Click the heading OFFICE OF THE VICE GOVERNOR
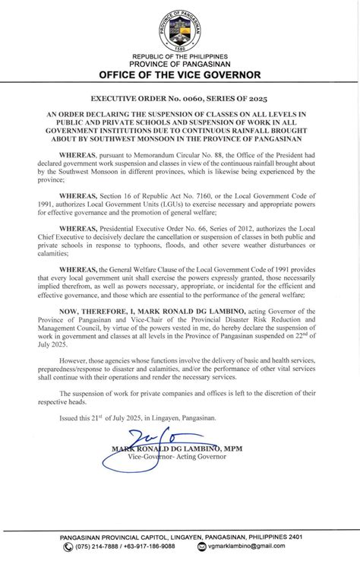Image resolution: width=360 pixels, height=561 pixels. [x=180, y=75]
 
